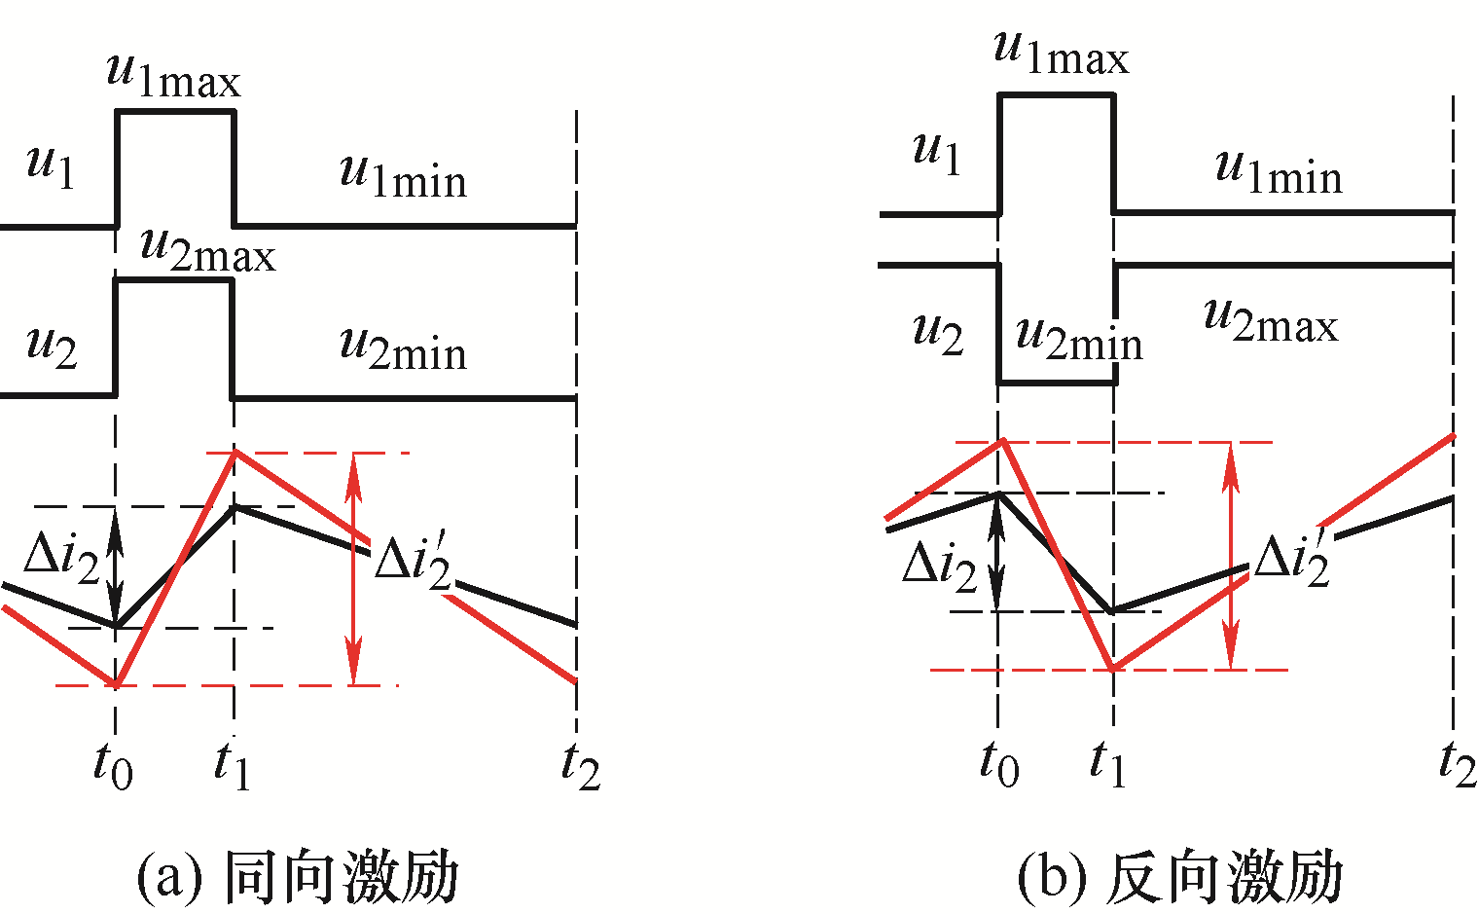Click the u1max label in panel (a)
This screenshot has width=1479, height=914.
click(x=174, y=77)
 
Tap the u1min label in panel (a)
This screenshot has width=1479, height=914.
click(x=404, y=176)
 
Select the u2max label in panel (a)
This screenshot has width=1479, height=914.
click(x=208, y=251)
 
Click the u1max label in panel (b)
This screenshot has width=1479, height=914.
click(x=1062, y=54)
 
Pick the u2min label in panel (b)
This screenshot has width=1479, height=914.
click(x=1079, y=339)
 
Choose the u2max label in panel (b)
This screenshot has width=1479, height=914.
click(x=1271, y=321)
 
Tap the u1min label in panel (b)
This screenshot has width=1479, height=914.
click(x=1280, y=172)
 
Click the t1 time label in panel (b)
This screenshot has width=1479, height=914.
click(x=1108, y=763)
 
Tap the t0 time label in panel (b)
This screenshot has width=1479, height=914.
click(x=999, y=763)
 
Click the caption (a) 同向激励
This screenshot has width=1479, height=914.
click(x=298, y=876)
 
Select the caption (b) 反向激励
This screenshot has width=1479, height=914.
click(x=1180, y=876)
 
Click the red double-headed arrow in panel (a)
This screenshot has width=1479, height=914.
click(x=354, y=569)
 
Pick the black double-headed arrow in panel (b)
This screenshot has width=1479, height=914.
click(x=997, y=552)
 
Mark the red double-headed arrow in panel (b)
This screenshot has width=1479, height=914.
click(x=1230, y=556)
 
